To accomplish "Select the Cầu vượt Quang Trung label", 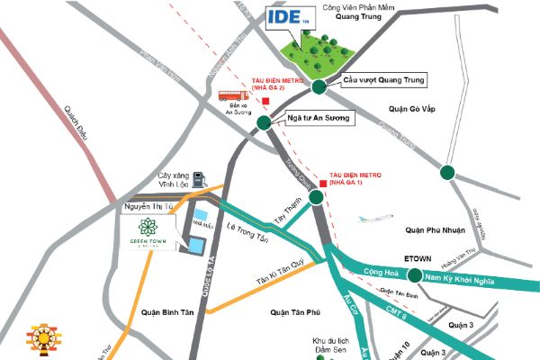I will point(382,79).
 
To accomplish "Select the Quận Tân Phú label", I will point(277,312).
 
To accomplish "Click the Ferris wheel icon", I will point(42,336).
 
